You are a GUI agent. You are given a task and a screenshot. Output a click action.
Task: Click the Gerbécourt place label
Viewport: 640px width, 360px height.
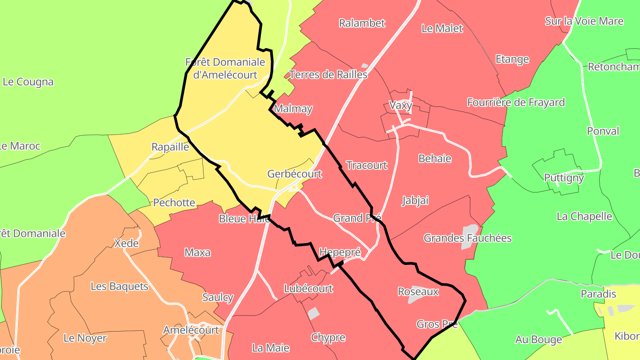(294, 174)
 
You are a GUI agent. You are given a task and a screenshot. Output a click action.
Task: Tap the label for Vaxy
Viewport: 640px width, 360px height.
(400, 106)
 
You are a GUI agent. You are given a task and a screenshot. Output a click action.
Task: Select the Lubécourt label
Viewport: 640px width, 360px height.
(308, 288)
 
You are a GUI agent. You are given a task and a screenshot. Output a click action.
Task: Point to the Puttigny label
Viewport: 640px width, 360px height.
(564, 178)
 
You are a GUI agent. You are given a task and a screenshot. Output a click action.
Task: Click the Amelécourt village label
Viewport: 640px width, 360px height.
(191, 330)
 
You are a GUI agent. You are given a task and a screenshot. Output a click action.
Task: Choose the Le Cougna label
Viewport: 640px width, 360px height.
(28, 82)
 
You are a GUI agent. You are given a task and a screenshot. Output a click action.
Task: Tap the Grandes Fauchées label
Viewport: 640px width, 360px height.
(467, 238)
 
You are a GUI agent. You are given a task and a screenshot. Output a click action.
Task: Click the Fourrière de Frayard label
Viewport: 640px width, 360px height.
(516, 102)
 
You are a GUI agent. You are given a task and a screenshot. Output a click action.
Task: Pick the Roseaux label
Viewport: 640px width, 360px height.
(418, 292)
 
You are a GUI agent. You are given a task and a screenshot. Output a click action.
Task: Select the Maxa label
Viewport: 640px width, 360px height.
(197, 252)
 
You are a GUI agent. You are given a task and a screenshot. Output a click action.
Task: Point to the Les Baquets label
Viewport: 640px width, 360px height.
(119, 286)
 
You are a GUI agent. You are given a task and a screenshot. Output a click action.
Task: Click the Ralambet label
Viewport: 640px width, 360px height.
(362, 23)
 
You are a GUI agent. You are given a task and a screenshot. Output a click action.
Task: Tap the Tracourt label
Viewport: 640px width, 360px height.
(366, 165)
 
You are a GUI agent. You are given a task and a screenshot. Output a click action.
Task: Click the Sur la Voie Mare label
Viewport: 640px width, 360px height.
(584, 21)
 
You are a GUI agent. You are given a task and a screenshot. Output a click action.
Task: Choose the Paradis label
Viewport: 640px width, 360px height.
(598, 294)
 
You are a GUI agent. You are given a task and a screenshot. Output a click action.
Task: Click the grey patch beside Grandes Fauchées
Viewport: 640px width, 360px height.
(469, 236)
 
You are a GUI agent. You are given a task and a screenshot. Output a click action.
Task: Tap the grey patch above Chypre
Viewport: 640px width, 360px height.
(314, 313)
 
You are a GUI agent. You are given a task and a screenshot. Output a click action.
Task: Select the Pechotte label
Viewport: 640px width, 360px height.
(174, 203)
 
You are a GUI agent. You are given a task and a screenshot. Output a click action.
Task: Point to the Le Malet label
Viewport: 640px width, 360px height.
(442, 28)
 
